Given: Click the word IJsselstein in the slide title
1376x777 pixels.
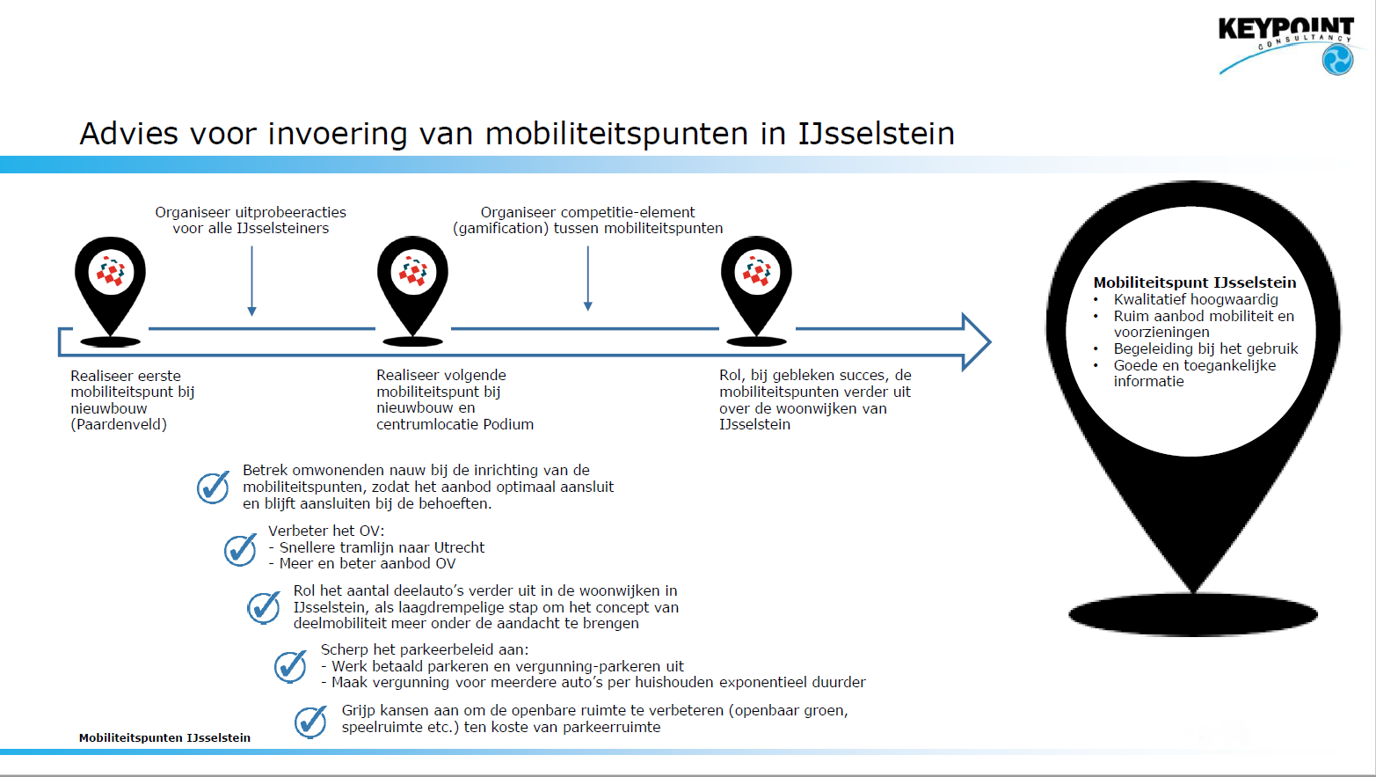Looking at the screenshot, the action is (876, 134).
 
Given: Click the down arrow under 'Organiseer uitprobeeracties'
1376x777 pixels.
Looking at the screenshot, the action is (251, 281).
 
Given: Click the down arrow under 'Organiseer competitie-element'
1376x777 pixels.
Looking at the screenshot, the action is (588, 278).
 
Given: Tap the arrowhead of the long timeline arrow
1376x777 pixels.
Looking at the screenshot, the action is (976, 341).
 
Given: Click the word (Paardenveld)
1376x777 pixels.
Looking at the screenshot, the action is (119, 425).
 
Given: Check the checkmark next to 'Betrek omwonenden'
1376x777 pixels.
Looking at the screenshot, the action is (213, 487).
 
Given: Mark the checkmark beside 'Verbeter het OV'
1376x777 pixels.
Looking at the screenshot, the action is (240, 550).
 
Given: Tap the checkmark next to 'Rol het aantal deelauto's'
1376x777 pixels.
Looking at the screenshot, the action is (264, 607).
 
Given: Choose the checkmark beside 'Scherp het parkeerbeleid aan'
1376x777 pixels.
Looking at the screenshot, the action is (290, 666).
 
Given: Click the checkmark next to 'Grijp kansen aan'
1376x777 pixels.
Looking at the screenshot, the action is (311, 722).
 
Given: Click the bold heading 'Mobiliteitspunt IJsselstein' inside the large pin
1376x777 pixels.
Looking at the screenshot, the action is (1195, 282).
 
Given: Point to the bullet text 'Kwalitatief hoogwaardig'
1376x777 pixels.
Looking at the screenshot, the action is (1196, 299).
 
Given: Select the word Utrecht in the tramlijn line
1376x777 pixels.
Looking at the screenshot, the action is (460, 547).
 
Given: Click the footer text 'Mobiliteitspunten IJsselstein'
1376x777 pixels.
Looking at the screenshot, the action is (164, 737).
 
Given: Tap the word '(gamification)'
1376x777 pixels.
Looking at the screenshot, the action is (501, 229).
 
